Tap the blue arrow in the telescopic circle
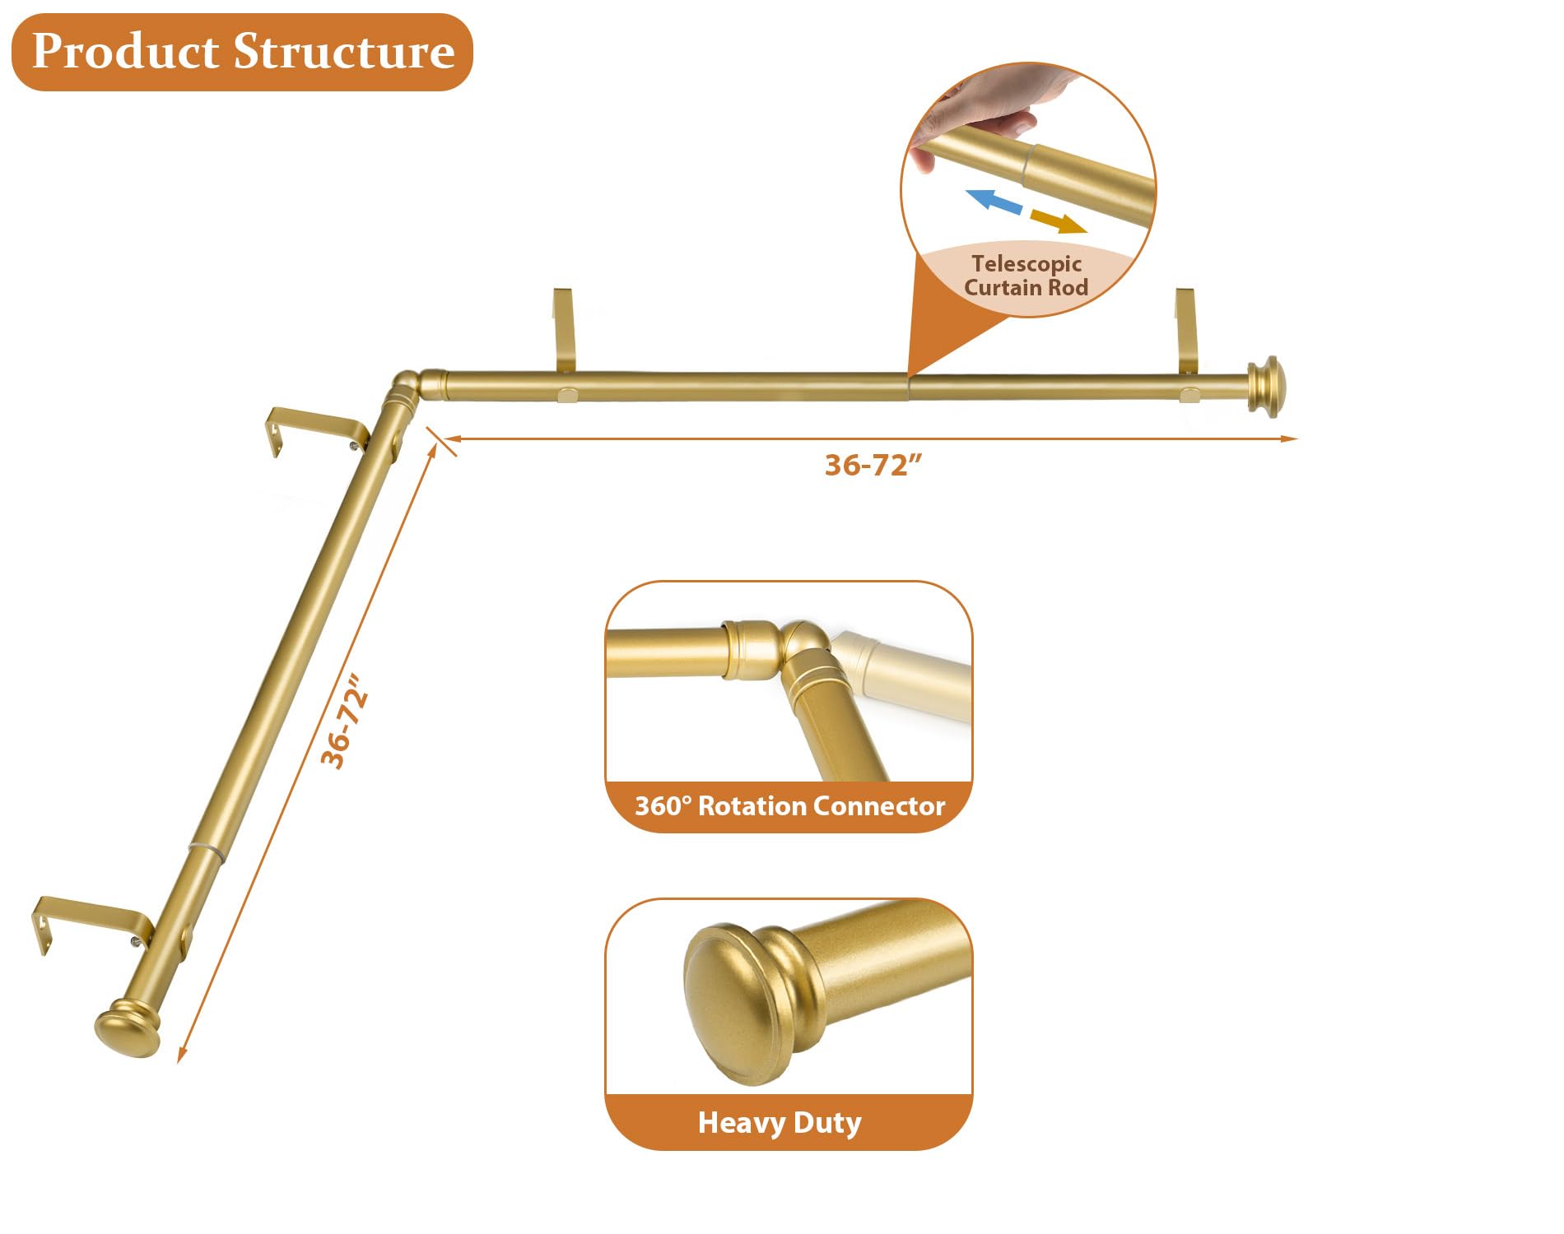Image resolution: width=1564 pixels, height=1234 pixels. (x=994, y=201)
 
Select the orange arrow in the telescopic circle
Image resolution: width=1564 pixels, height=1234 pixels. (x=1059, y=221)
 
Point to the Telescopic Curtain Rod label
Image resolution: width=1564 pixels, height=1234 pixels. (x=1026, y=276)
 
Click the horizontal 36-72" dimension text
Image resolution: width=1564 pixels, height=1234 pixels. (x=873, y=466)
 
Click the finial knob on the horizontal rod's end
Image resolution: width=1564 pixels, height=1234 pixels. (x=1265, y=386)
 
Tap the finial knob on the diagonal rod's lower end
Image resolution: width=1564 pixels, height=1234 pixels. (x=128, y=1028)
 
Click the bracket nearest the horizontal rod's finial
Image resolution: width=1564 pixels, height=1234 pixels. (x=1186, y=337)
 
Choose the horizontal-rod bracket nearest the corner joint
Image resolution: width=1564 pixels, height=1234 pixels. (x=564, y=337)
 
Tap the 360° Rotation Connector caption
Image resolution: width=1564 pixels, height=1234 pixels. (x=789, y=806)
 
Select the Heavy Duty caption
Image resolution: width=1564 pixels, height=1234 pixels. (x=780, y=1122)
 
